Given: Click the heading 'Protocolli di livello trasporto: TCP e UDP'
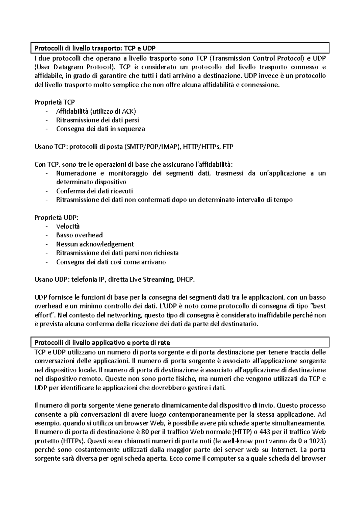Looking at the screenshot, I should (95, 48).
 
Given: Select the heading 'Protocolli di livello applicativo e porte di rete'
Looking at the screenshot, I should (103, 342).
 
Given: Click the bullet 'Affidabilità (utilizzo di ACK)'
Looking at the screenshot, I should (96, 112).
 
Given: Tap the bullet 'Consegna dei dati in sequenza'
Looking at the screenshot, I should (100, 129).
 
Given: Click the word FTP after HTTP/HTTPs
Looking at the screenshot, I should (228, 147).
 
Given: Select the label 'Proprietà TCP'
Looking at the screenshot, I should (55, 103).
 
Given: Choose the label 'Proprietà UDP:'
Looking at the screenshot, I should (56, 217).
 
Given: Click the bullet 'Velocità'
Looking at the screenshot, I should (68, 226).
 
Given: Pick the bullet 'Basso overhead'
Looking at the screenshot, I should (79, 235).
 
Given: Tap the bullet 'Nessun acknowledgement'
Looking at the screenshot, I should (95, 244).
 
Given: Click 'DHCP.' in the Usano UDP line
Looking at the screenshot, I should (186, 280).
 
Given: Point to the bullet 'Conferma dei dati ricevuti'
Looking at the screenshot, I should (94, 191).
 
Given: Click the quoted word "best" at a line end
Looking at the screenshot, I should (317, 306).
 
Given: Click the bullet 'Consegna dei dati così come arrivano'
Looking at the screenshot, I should (111, 262).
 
